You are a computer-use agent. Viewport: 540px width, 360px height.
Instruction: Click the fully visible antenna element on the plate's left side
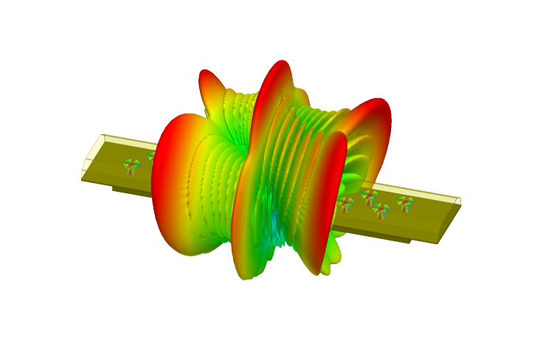(x=131, y=167)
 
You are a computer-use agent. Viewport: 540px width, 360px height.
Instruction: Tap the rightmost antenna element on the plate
(x=405, y=203)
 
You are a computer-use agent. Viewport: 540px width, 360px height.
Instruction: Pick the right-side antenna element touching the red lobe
(x=345, y=203)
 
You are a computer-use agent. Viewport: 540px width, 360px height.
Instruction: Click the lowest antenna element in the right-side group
(x=381, y=211)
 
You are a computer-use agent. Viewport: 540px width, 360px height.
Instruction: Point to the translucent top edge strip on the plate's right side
(x=428, y=194)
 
